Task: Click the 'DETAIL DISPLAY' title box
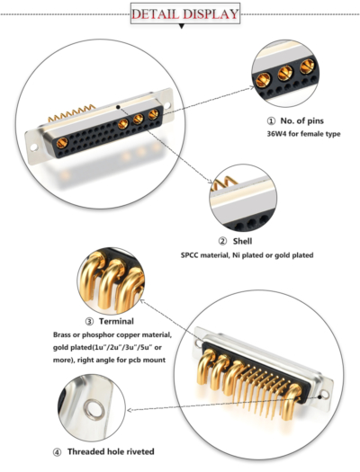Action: [x=185, y=13]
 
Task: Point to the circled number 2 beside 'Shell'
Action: [x=223, y=241]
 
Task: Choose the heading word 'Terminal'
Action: [x=116, y=321]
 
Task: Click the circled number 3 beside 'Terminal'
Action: [x=89, y=321]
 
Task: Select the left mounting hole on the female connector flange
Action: [x=36, y=140]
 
